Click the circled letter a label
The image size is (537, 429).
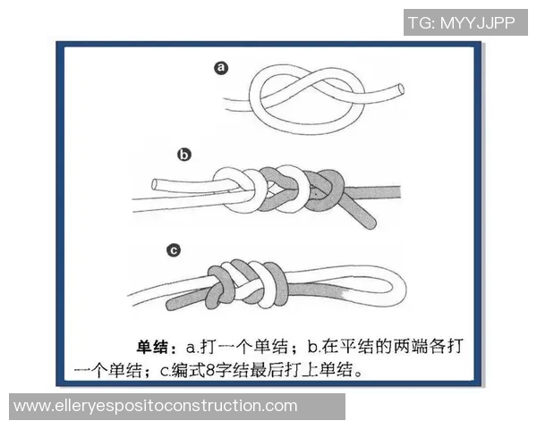(220, 68)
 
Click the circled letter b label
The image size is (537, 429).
(184, 155)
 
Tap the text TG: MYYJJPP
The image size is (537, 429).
(461, 22)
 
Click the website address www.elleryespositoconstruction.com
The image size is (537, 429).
(156, 406)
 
